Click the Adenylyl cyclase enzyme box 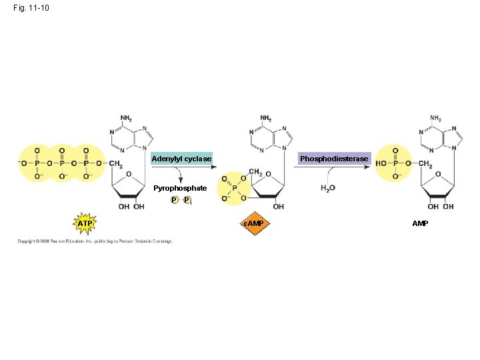(x=181, y=159)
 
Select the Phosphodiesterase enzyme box (x=333, y=159)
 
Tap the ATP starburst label (x=85, y=223)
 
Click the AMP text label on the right (x=420, y=223)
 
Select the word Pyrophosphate (x=180, y=188)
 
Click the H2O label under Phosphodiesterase (x=327, y=188)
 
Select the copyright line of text (x=95, y=241)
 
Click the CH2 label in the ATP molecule (x=115, y=164)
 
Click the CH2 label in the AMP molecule (x=425, y=164)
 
